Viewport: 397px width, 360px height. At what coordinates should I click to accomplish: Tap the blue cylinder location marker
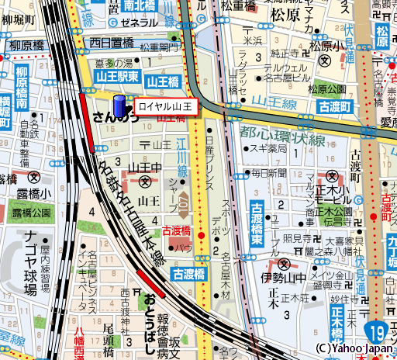(119, 106)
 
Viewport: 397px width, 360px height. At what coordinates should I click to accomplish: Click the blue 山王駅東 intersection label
(118, 77)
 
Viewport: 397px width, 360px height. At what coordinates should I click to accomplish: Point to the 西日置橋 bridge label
(112, 43)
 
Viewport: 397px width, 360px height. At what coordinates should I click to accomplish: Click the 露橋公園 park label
(31, 212)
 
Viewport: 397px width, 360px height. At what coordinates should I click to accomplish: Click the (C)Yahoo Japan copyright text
(354, 349)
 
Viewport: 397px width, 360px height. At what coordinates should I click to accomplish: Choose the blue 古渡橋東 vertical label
(257, 224)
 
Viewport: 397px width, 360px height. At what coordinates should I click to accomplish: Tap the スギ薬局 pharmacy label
(268, 147)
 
